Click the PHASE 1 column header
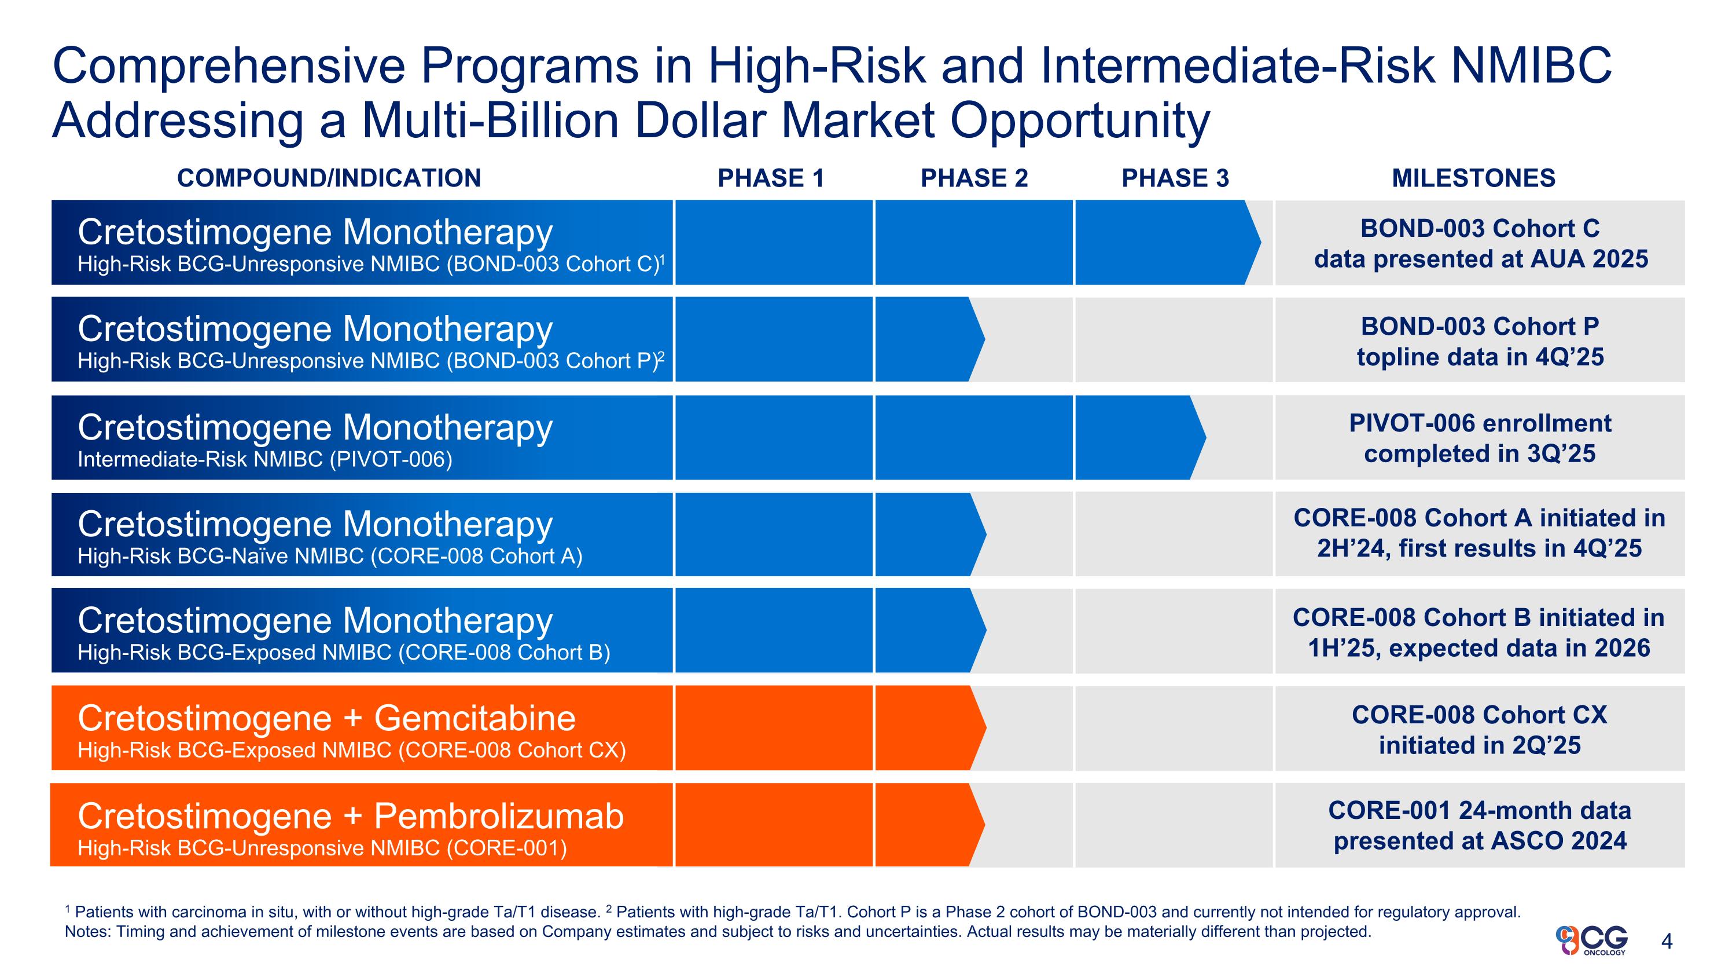770,178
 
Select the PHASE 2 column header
974,178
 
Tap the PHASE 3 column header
1175,178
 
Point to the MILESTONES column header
1473,178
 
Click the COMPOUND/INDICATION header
329,178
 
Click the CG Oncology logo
1592,940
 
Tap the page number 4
1667,941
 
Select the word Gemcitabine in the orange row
475,718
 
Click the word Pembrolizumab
499,817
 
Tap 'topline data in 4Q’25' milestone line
1480,357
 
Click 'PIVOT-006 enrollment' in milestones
1480,423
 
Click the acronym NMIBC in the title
1531,66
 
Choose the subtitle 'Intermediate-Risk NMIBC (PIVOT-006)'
265,459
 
